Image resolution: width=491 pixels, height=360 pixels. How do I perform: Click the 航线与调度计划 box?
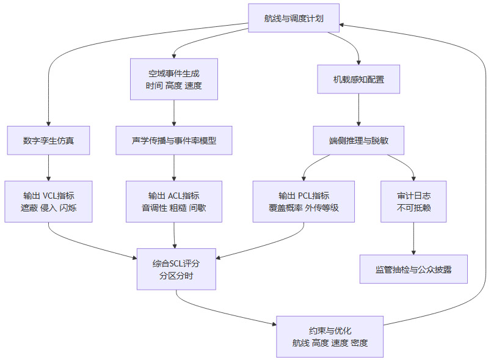click(x=294, y=18)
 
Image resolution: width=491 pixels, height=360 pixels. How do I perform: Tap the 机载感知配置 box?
click(x=358, y=79)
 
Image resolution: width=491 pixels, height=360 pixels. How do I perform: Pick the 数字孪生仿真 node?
click(x=48, y=140)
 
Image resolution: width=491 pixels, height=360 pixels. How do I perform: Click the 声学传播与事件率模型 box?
click(x=174, y=140)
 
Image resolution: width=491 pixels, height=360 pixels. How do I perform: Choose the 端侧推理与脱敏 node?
click(x=358, y=140)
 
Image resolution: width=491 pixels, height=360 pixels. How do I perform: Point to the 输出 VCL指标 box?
click(x=48, y=201)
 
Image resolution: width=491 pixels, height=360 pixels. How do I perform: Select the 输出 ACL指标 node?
click(x=174, y=201)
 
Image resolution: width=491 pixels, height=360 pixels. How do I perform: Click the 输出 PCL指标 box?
click(x=304, y=201)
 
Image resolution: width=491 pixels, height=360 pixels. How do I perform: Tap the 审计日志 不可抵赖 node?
click(x=413, y=201)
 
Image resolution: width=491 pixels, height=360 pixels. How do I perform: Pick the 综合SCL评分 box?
click(x=176, y=269)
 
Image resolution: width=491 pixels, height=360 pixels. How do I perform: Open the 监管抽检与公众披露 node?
click(x=413, y=269)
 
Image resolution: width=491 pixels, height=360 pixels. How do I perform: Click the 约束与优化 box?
click(x=330, y=336)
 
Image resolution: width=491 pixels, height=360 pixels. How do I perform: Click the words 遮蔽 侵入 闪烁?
click(x=48, y=208)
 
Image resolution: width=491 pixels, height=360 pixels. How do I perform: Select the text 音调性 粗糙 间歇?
click(x=174, y=208)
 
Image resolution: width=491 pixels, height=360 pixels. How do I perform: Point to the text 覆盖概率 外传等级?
click(x=304, y=208)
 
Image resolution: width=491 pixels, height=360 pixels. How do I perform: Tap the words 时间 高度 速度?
click(x=174, y=86)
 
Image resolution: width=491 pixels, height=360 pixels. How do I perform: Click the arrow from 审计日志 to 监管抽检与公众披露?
click(x=413, y=238)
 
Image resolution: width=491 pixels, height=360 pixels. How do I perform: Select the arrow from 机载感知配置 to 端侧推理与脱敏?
click(x=358, y=110)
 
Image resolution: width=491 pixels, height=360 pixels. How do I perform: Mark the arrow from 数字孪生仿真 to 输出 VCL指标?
click(x=48, y=167)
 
